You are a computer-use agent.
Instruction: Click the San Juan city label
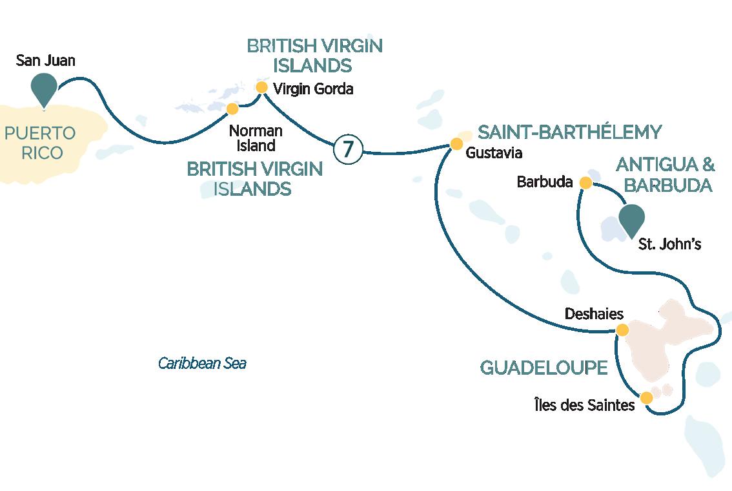pos(45,61)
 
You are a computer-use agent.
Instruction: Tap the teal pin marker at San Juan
pos(44,88)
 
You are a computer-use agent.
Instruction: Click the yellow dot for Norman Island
pos(232,109)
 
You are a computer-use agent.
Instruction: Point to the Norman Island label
pos(256,138)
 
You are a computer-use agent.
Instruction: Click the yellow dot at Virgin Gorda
pos(261,87)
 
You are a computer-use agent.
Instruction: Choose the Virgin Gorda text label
pos(314,89)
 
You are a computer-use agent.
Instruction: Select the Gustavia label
pos(494,154)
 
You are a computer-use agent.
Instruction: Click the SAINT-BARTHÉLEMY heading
pos(569,133)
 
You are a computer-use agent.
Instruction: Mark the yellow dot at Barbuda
pos(585,183)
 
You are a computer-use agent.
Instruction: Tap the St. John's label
pos(669,244)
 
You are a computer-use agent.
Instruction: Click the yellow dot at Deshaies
pos(622,330)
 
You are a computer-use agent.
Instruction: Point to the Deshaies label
pos(594,314)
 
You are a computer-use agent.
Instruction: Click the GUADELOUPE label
pos(544,368)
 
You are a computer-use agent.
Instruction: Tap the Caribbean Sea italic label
pos(202,364)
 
